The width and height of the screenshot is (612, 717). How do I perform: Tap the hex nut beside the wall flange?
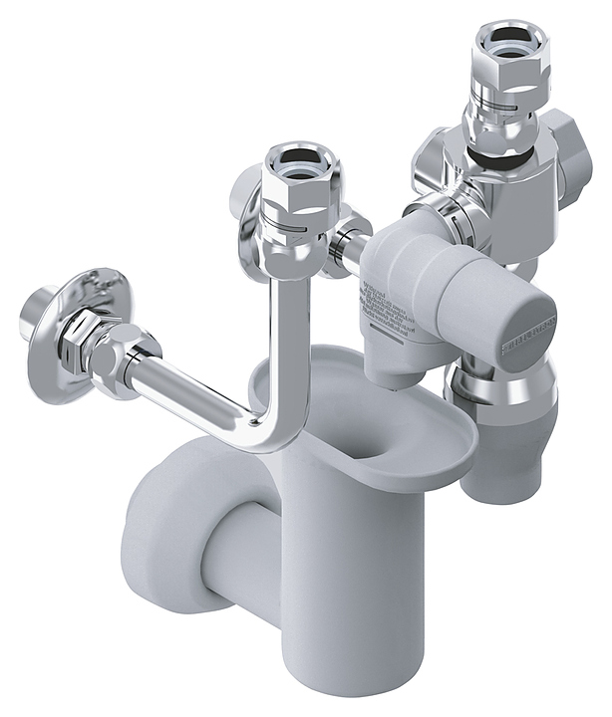[x=109, y=344]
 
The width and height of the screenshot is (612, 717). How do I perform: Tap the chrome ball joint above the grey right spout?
[x=503, y=389]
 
